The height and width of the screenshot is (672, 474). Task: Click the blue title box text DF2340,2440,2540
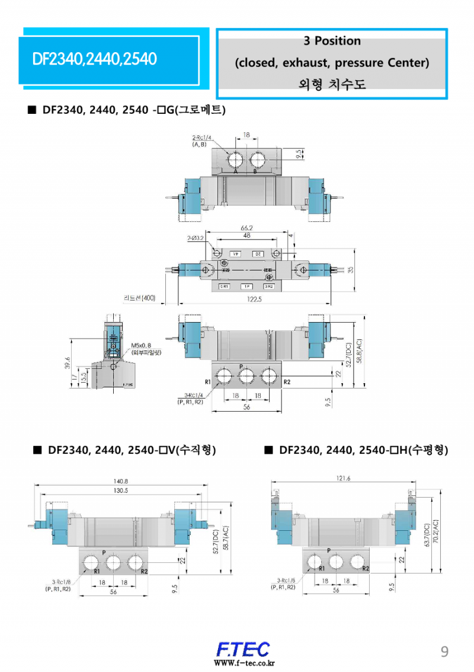point(95,59)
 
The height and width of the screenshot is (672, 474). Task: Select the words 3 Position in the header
point(332,41)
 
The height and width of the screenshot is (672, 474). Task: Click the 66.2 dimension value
point(247,228)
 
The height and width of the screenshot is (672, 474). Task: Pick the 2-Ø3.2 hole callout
point(196,238)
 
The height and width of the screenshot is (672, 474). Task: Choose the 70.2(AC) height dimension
point(436,534)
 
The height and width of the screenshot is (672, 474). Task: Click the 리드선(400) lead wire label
point(139,298)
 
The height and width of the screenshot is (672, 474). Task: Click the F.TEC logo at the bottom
point(243,649)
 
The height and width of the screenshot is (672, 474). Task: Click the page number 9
point(444,652)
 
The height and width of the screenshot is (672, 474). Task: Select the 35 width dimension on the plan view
point(350,269)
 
